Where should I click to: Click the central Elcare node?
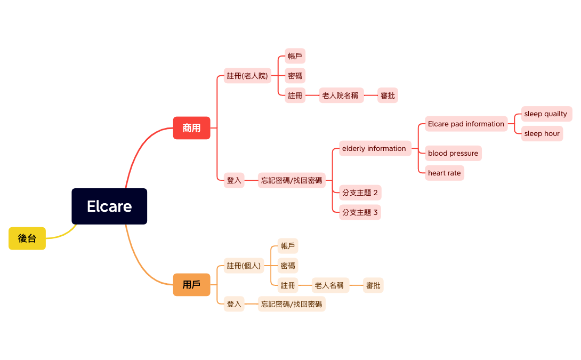[x=109, y=206]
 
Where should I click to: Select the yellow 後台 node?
[x=27, y=238]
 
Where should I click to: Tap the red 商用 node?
[x=191, y=128]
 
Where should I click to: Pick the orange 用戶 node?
[x=191, y=285]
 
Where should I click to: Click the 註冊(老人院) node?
[x=247, y=76]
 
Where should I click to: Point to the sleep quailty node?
[x=546, y=114]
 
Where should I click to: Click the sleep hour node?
[x=542, y=133]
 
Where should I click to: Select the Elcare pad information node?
[x=466, y=124]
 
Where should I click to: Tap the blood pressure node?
[x=453, y=153]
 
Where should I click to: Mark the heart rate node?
[x=444, y=173]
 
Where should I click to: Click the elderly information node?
[x=375, y=148]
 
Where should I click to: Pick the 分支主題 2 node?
[x=360, y=193]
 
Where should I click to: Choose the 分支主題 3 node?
[x=360, y=212]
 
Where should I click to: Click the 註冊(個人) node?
[x=244, y=266]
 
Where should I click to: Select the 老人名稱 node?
[x=330, y=285]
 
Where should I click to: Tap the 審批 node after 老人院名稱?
[x=388, y=95]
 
